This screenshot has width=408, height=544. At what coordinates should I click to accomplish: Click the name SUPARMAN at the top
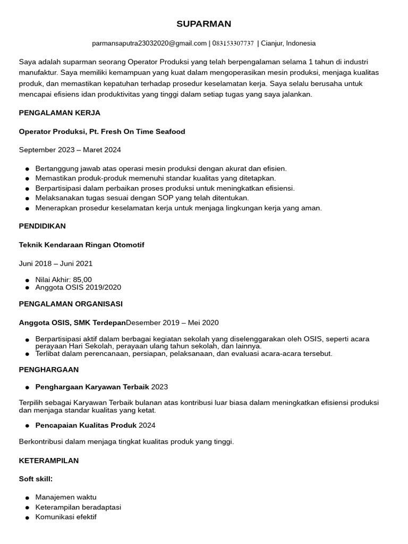tap(203, 24)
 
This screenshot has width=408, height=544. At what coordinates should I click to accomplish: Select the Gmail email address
tap(149, 43)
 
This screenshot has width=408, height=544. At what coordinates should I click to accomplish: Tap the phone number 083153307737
tap(233, 43)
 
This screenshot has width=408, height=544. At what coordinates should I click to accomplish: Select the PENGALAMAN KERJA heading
tap(59, 113)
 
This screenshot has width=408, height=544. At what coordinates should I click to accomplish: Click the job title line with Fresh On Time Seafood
tap(102, 131)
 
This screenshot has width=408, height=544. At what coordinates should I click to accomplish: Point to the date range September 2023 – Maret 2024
tap(70, 150)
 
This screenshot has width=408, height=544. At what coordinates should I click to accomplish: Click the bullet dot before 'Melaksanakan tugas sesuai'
tap(27, 198)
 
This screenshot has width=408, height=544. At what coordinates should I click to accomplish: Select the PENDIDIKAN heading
tap(42, 226)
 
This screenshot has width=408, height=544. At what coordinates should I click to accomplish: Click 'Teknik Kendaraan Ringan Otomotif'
tap(81, 244)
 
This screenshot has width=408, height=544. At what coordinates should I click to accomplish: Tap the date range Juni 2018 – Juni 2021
tap(56, 263)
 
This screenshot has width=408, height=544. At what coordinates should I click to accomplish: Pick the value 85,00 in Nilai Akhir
tap(82, 279)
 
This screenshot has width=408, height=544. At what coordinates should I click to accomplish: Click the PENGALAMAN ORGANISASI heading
tap(71, 304)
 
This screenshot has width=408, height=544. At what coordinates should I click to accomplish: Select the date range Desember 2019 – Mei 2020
tap(172, 322)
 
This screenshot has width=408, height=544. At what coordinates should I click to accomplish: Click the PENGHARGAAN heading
tap(49, 369)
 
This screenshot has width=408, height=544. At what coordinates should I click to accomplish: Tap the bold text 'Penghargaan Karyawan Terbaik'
tap(92, 387)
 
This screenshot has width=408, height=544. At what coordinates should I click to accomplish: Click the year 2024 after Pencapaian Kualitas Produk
tap(147, 425)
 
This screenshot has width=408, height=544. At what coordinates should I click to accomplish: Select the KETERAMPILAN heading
tap(49, 461)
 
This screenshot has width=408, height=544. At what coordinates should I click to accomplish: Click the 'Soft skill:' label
tap(36, 479)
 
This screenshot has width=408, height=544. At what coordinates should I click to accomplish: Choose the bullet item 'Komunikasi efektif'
tap(66, 516)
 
